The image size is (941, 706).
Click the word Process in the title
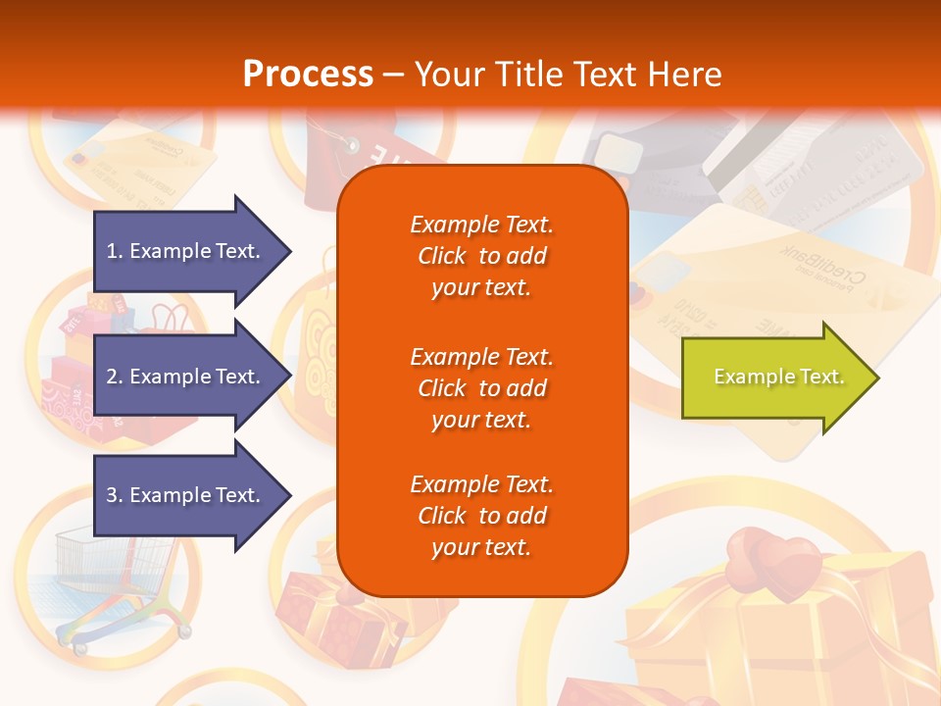pos(308,75)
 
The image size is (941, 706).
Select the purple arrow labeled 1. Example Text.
pos(186,251)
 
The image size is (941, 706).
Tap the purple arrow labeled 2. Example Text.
pos(186,377)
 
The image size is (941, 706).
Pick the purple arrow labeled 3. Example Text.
pos(186,495)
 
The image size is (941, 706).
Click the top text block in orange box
pos(481,256)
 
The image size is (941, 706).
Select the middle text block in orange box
pos(481,388)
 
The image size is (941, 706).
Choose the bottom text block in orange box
pos(481,516)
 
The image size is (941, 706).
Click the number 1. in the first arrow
pos(115,251)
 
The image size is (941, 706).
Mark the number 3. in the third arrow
pos(115,495)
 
